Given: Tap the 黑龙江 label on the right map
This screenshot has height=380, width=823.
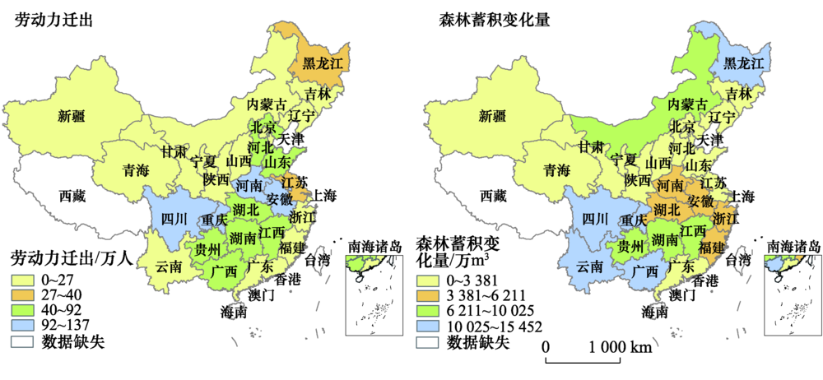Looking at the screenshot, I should pyautogui.click(x=744, y=63).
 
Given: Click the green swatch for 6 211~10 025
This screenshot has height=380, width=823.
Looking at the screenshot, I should pyautogui.click(x=429, y=310).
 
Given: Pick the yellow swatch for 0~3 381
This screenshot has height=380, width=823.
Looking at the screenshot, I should pyautogui.click(x=429, y=279).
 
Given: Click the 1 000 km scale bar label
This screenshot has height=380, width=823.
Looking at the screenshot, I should pyautogui.click(x=616, y=348).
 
